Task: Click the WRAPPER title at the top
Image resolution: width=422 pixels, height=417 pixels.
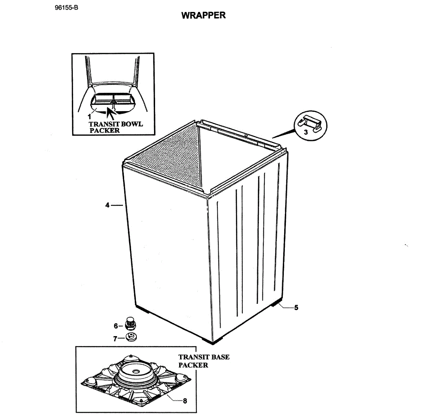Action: coord(203,15)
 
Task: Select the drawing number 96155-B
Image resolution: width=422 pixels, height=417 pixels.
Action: coord(66,8)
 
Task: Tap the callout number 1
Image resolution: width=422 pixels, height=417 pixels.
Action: coord(89,116)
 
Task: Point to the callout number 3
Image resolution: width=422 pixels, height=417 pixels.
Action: coord(306,132)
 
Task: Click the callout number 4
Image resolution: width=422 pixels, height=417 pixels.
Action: coord(107,205)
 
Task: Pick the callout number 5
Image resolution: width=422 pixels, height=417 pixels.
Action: coord(296,308)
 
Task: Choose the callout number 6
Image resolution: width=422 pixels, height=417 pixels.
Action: coord(116,326)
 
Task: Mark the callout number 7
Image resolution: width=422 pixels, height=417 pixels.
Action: coord(115,339)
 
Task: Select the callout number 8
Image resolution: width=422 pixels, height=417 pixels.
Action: coord(185,401)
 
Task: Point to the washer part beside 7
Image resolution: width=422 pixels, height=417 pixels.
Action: coord(132,336)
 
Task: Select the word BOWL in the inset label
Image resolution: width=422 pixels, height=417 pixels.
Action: coord(132,124)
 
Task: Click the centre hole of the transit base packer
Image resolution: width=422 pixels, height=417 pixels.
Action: coord(135,372)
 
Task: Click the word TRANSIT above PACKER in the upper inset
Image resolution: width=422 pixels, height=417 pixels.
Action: coord(104,124)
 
